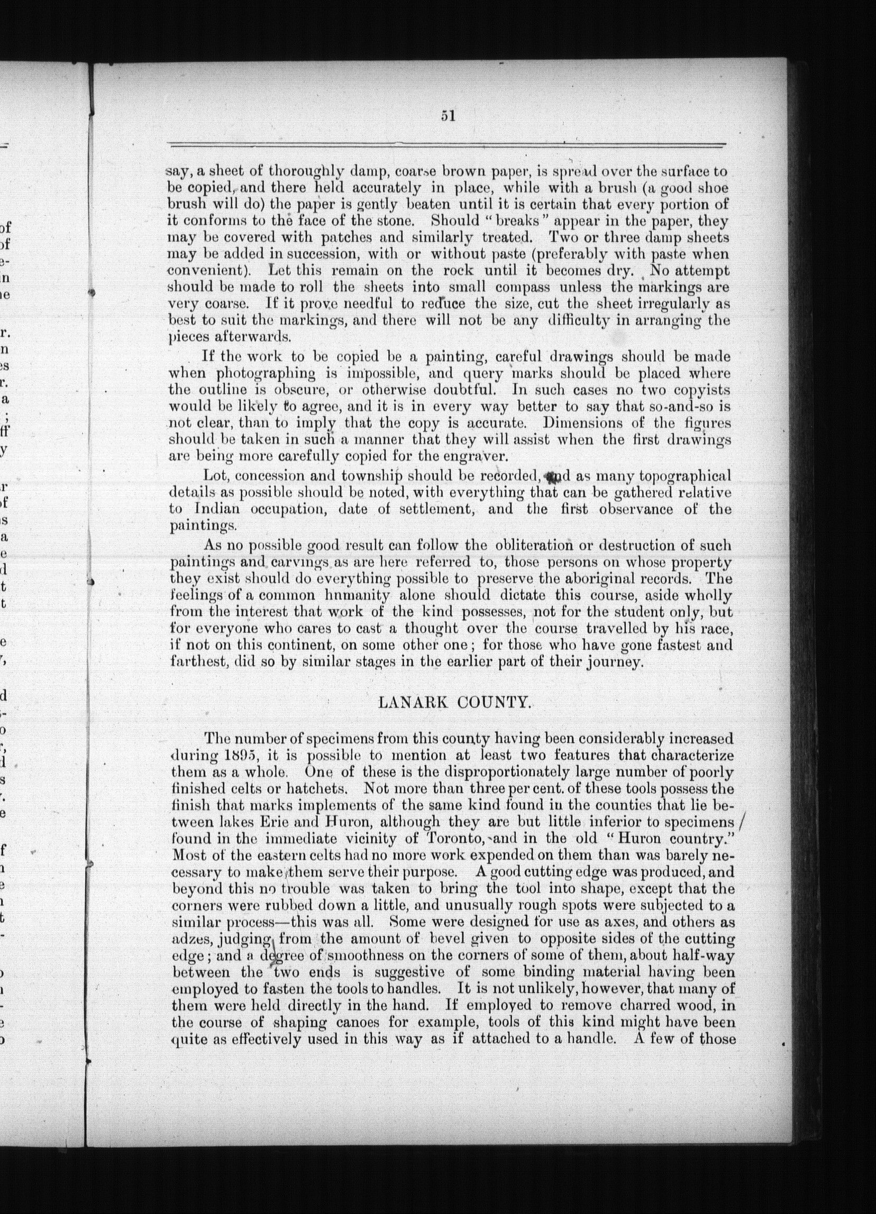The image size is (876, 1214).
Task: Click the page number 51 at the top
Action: (448, 116)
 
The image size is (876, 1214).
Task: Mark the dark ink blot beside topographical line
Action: (549, 474)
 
